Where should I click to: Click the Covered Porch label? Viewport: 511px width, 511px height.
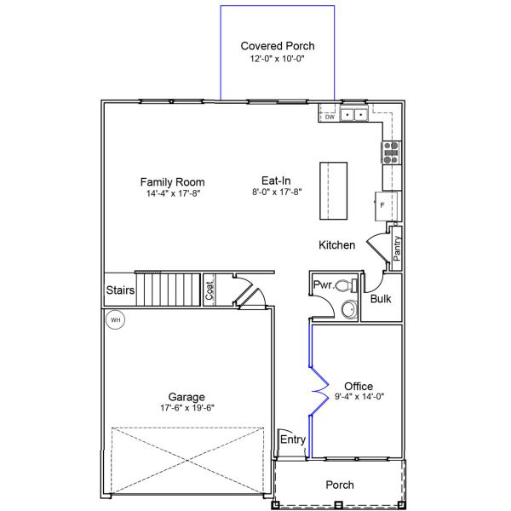click(x=278, y=46)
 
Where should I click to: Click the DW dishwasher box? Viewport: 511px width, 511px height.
click(x=330, y=118)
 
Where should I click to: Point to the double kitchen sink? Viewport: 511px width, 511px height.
click(x=354, y=113)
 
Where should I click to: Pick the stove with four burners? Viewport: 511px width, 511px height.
click(x=391, y=152)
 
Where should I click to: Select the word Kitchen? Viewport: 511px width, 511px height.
click(x=336, y=245)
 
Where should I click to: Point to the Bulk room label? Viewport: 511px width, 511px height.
click(x=381, y=299)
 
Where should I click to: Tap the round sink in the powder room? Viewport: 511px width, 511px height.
click(x=348, y=310)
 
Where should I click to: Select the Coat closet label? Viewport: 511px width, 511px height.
click(x=210, y=290)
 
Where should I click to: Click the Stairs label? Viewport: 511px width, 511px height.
click(x=120, y=290)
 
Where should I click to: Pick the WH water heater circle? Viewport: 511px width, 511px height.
click(x=115, y=320)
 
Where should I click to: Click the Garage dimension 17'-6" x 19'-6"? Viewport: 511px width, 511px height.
click(x=186, y=408)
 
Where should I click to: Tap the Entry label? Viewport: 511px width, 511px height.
click(x=293, y=439)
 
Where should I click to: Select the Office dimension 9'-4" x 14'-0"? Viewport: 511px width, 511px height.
click(x=359, y=397)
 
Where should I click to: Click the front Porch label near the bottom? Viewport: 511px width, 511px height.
click(x=340, y=485)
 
